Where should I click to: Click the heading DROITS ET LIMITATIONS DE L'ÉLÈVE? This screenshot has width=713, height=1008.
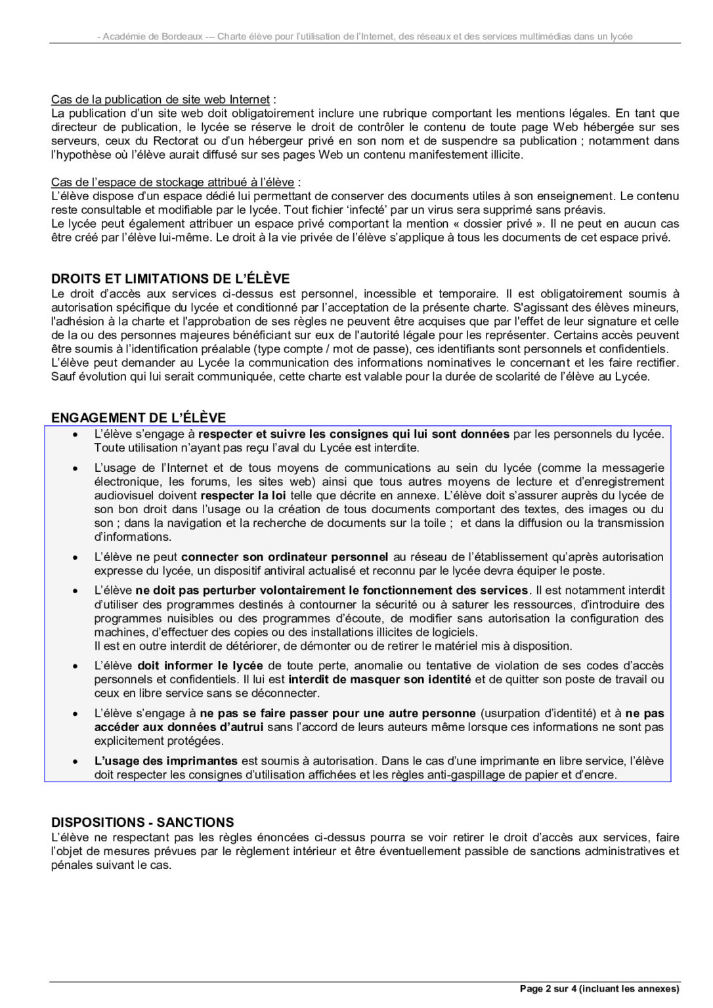(x=170, y=278)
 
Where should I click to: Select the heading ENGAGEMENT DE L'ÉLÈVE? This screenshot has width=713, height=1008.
(x=138, y=417)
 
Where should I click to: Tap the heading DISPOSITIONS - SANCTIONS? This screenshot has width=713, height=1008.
(x=142, y=822)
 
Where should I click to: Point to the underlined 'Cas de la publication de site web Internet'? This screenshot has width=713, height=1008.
(x=160, y=99)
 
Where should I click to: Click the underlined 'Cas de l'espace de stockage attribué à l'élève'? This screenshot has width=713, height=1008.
(x=172, y=182)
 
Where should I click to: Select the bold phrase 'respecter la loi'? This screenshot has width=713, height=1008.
(x=243, y=495)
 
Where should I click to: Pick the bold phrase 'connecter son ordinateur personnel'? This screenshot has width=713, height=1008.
(x=284, y=556)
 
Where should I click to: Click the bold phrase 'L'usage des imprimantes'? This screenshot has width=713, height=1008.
(x=165, y=761)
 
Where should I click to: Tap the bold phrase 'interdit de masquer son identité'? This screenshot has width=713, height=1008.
(x=379, y=679)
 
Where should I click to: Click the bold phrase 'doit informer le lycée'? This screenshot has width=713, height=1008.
(x=200, y=665)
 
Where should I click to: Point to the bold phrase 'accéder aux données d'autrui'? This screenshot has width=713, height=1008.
(x=179, y=726)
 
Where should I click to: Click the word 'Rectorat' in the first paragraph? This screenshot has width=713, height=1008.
(x=175, y=140)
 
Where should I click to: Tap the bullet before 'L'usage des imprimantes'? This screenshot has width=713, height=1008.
(x=76, y=761)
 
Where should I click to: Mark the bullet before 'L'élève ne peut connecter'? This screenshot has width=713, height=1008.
(x=76, y=557)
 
